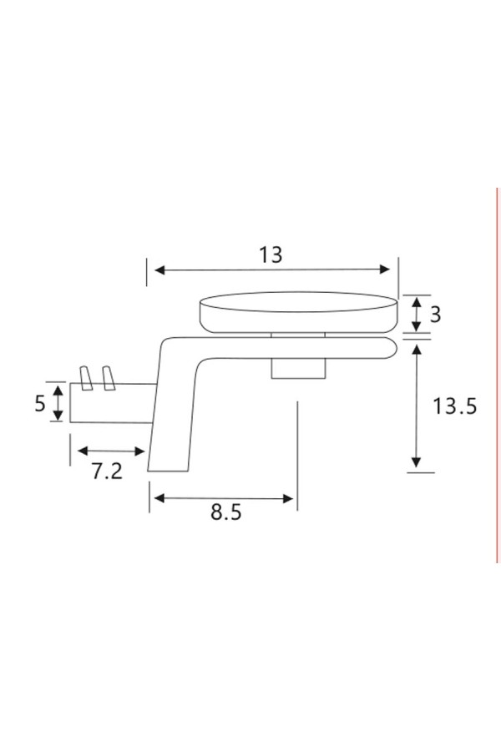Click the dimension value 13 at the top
[x=271, y=255]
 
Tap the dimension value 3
[x=435, y=315]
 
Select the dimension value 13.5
[x=454, y=406]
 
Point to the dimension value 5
[x=40, y=403]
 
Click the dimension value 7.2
[x=107, y=471]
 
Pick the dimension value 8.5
[x=225, y=512]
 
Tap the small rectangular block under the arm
[x=299, y=369]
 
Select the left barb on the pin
[x=86, y=378]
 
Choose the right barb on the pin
[x=109, y=378]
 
